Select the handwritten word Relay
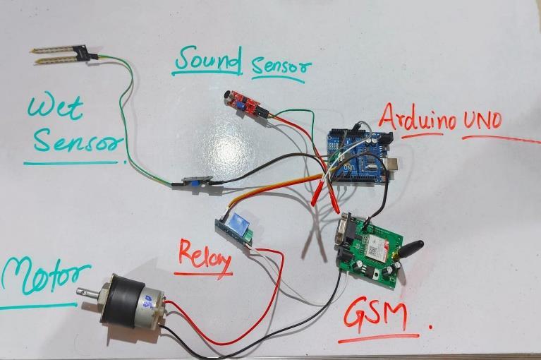(205, 257)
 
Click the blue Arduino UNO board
(358, 157)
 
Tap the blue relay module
(236, 229)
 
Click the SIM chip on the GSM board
(372, 247)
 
